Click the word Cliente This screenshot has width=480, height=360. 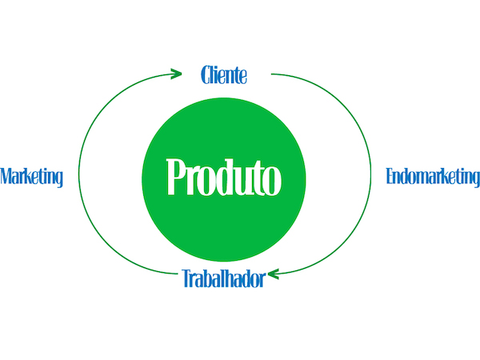point(224,75)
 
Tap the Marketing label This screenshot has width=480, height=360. point(31,177)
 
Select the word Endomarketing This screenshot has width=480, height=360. point(433,177)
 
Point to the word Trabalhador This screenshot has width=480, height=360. point(224,278)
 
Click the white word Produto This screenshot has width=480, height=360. point(224,178)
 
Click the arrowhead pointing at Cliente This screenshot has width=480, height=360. point(176,74)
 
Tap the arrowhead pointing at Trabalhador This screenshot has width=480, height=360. point(274,274)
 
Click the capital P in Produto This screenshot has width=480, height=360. point(175,177)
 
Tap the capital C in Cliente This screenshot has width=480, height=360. point(205,75)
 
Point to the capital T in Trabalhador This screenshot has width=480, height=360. point(186,278)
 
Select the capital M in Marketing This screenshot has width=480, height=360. point(6,176)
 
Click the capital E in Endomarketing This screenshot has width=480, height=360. point(390,176)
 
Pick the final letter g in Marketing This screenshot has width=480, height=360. point(58,178)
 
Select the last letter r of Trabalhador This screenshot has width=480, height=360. point(262,281)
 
